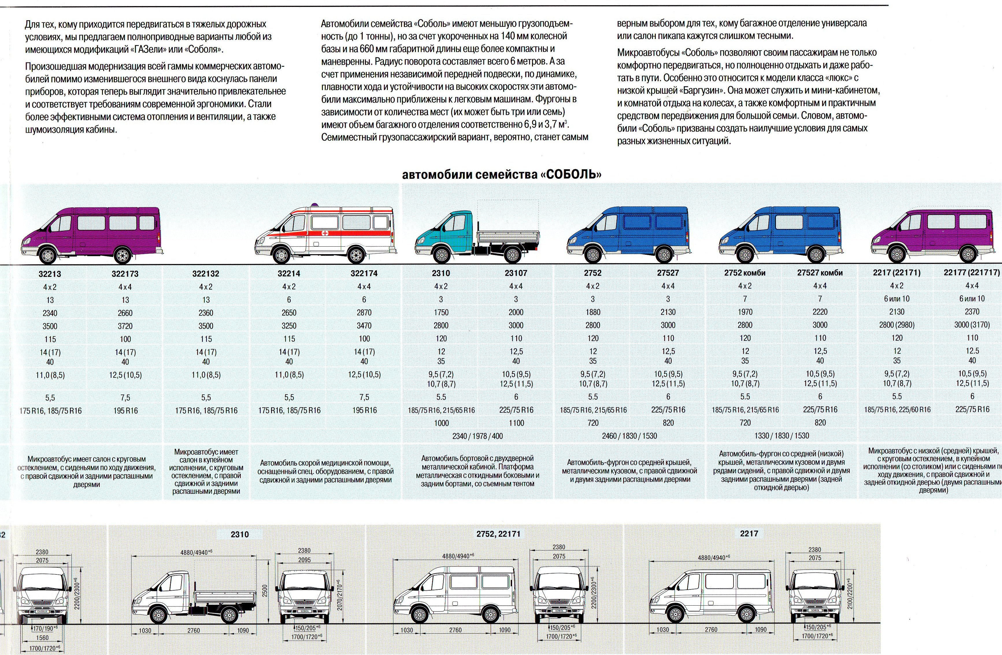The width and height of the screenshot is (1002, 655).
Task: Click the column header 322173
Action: coord(125,274)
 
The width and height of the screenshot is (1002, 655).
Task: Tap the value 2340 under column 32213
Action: coord(50,313)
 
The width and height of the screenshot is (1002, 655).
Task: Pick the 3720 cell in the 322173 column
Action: coord(125,326)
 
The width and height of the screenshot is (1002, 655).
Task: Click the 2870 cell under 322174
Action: coord(364,312)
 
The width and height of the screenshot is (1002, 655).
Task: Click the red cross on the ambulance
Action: coord(325,233)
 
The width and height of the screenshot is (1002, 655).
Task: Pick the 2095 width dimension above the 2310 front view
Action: coord(304,560)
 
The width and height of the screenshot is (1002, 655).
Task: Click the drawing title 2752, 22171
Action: coord(498,534)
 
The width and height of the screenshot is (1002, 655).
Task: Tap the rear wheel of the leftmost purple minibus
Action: coord(123,255)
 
